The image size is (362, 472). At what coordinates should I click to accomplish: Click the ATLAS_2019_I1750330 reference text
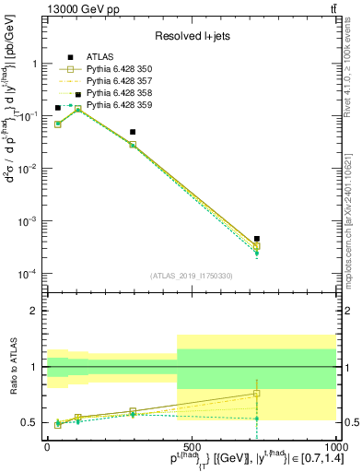click(x=191, y=276)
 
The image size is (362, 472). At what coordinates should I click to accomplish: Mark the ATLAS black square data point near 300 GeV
click(x=133, y=132)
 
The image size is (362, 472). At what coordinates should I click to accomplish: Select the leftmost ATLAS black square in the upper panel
click(x=58, y=108)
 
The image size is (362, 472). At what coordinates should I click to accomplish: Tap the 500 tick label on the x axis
click(x=191, y=445)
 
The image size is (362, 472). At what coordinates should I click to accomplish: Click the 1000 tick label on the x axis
click(x=333, y=445)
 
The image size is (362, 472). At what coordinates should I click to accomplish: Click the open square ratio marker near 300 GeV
click(x=133, y=411)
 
